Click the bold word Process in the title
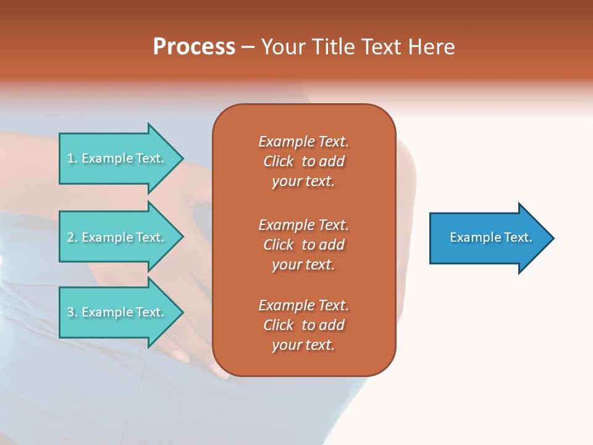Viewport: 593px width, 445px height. click(x=194, y=47)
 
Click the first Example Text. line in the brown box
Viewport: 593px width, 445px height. click(x=303, y=142)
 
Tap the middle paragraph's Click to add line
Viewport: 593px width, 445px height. click(x=303, y=245)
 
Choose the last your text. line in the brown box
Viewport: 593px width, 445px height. click(x=303, y=345)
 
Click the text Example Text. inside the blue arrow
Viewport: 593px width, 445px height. click(x=490, y=237)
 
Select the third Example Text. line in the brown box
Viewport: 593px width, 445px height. click(x=303, y=305)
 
